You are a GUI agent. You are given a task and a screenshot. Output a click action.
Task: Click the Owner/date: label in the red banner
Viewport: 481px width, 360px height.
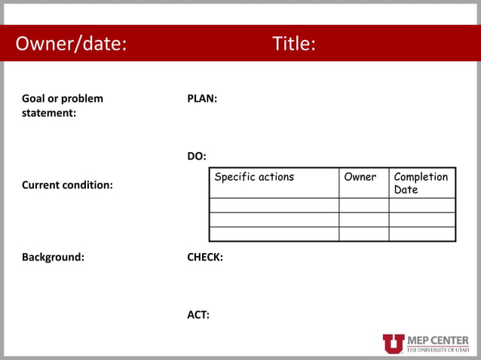pyautogui.click(x=71, y=44)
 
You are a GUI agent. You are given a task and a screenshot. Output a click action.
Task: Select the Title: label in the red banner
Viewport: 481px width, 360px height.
pyautogui.click(x=294, y=44)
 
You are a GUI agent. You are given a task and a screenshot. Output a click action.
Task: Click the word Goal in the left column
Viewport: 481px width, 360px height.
pyautogui.click(x=34, y=99)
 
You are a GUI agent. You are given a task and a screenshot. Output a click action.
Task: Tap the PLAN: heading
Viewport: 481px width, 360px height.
pyautogui.click(x=202, y=99)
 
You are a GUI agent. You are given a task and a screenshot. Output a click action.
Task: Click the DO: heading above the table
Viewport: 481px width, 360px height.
pyautogui.click(x=197, y=156)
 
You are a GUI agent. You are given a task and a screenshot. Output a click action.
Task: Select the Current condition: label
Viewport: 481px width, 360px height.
pyautogui.click(x=67, y=185)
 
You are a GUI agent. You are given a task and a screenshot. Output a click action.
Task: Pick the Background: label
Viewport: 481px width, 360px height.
pyautogui.click(x=53, y=257)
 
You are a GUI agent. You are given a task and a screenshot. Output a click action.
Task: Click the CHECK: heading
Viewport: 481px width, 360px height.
pyautogui.click(x=205, y=257)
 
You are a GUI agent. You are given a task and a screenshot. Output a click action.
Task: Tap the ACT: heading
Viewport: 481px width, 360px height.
pyautogui.click(x=198, y=314)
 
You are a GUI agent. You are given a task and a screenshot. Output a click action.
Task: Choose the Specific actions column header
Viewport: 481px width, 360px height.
pyautogui.click(x=254, y=177)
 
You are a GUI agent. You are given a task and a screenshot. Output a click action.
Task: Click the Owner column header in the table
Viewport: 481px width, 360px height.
pyautogui.click(x=360, y=177)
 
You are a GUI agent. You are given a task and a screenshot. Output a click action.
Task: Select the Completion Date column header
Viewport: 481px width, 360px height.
pyautogui.click(x=421, y=183)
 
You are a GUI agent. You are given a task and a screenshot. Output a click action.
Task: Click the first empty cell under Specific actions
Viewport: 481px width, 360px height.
pyautogui.click(x=274, y=205)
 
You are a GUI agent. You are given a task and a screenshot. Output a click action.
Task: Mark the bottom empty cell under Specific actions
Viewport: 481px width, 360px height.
pyautogui.click(x=274, y=233)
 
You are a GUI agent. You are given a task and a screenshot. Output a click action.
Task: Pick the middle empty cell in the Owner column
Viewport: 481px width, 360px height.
pyautogui.click(x=363, y=219)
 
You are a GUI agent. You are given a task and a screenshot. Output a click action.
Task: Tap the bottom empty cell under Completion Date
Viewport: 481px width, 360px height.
pyautogui.click(x=421, y=233)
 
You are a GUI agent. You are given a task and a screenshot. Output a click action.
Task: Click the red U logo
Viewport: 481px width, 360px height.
pyautogui.click(x=394, y=343)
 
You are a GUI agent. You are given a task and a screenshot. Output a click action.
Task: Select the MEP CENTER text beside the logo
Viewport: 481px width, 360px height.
pyautogui.click(x=437, y=340)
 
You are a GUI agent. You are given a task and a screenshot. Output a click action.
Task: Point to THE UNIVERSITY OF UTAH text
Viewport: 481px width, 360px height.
pyautogui.click(x=437, y=350)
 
